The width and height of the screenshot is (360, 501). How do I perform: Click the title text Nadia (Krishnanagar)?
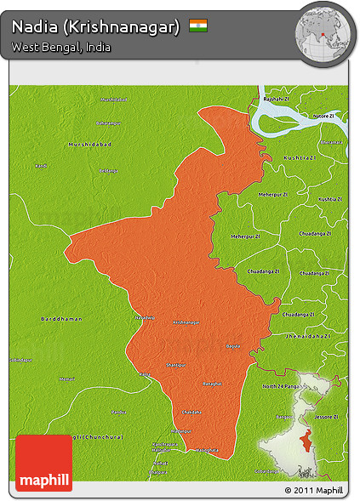[95, 27]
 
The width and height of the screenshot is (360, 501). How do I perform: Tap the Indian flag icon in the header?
[198, 26]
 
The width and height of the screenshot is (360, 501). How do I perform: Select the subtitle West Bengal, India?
[61, 48]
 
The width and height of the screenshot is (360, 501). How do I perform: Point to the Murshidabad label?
[90, 145]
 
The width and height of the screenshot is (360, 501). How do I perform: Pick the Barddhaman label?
[61, 318]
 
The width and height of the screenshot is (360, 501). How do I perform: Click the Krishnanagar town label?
[186, 322]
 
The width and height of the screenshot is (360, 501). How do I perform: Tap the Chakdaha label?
[191, 412]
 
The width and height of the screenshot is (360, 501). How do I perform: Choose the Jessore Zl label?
[329, 417]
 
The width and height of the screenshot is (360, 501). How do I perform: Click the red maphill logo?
[44, 463]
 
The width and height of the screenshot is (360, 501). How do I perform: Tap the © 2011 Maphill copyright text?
[314, 491]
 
